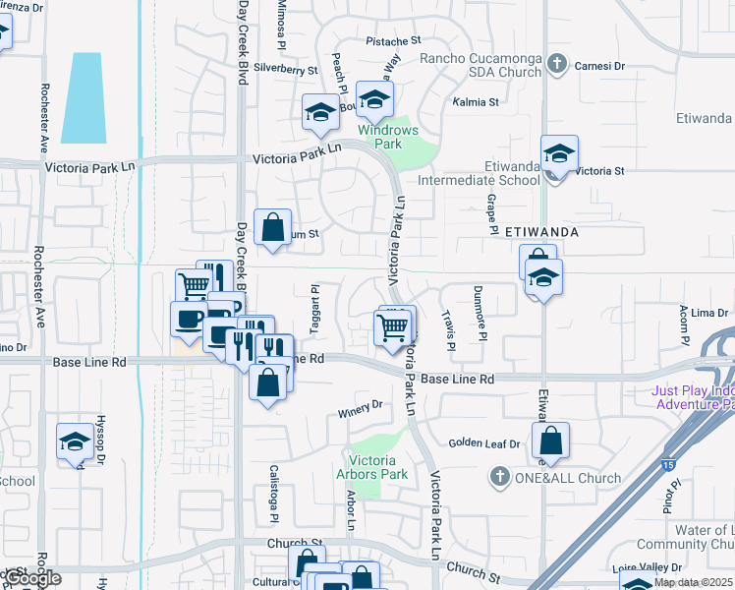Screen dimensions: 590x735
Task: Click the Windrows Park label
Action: [x=388, y=136]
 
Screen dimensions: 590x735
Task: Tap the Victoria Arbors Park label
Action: [x=379, y=467]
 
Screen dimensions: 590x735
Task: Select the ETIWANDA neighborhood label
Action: [x=540, y=233]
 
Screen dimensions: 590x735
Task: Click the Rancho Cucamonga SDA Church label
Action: [x=481, y=65]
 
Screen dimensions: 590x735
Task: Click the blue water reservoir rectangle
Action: [x=83, y=98]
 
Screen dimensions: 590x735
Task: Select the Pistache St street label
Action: [x=393, y=41]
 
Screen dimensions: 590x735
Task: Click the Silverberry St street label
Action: [x=285, y=71]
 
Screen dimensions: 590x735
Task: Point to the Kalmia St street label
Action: [x=476, y=102]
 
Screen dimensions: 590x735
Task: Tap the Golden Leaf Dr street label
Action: [x=483, y=444]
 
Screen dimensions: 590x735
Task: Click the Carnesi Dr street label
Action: [x=599, y=66]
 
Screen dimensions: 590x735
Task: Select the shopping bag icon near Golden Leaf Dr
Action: [x=552, y=442]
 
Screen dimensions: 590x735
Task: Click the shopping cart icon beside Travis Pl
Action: [x=393, y=326]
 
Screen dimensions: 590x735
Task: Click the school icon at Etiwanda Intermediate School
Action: [x=559, y=154]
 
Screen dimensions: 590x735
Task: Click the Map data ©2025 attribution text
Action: [x=694, y=582]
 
